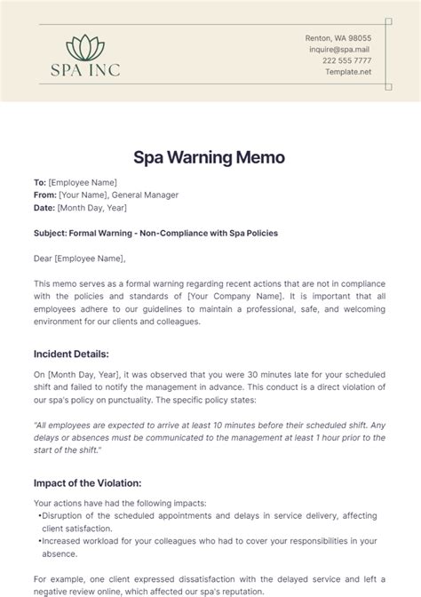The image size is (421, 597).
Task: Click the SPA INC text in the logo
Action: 87,69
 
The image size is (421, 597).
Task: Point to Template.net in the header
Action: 347,72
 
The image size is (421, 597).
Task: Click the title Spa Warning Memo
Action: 210,157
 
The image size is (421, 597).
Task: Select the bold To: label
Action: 39,182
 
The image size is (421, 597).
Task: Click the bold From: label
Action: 44,195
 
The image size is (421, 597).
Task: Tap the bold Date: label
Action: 44,207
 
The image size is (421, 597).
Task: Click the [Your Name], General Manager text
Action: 118,195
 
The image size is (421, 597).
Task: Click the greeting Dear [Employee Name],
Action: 79,259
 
